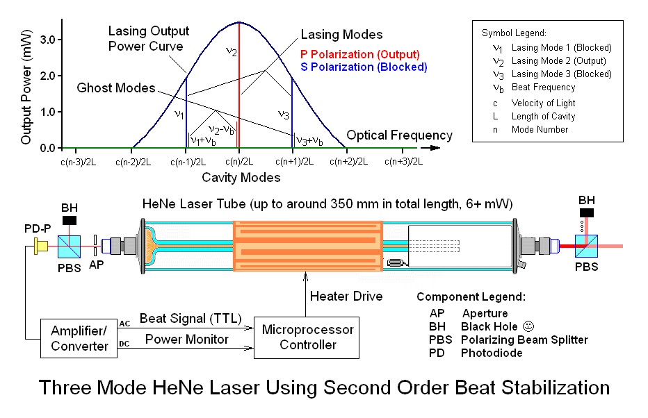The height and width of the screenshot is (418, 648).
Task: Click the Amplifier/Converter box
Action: [x=80, y=337]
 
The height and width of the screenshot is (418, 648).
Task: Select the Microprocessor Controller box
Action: [x=307, y=337]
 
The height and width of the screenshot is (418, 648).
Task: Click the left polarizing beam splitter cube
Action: [x=70, y=245]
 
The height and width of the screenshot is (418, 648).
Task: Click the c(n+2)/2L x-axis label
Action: [x=346, y=162]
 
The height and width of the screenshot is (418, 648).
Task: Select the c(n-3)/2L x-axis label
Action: [x=78, y=162]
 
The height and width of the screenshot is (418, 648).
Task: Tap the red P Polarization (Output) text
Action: [x=359, y=54]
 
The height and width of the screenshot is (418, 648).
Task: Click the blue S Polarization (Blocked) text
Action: [x=364, y=67]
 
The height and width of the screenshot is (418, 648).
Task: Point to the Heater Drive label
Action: [x=346, y=296]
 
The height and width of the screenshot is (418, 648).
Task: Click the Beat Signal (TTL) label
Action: [x=191, y=319]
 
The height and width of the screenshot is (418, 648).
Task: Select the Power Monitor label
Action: [x=186, y=340]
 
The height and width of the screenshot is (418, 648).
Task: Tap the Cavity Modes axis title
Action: [x=241, y=178]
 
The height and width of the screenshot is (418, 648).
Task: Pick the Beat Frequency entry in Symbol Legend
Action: [x=543, y=87]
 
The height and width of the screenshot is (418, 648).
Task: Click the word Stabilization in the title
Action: [x=540, y=387]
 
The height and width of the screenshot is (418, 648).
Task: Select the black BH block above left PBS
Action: [x=70, y=220]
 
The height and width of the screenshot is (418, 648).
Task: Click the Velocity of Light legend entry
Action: [x=544, y=103]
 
